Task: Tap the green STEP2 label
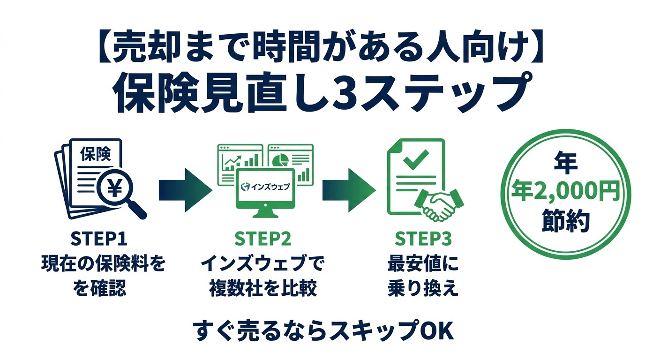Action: [x=263, y=239]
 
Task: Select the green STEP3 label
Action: [x=423, y=239]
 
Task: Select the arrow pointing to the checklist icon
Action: [x=349, y=190]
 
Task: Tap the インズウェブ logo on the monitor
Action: [x=265, y=187]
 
